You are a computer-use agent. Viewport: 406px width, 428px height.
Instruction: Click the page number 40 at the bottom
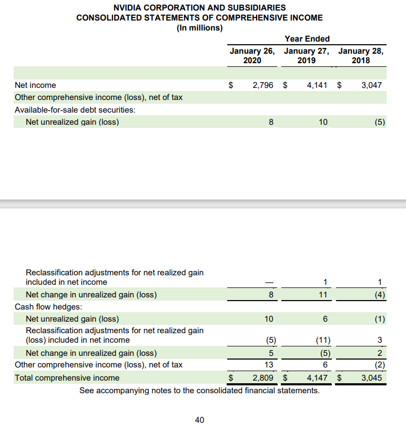(x=200, y=420)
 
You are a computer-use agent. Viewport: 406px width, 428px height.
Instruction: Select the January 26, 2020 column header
(x=253, y=56)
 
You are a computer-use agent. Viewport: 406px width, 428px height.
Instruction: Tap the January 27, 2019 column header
(x=307, y=56)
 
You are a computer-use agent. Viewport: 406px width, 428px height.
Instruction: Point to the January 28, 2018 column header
(x=361, y=56)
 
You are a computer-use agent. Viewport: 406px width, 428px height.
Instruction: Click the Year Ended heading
(x=307, y=38)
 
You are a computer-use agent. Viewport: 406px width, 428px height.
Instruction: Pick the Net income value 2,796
(x=263, y=85)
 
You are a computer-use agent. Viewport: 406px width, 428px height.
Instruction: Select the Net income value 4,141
(x=317, y=85)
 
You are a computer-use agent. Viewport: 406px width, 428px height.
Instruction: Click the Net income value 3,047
(x=371, y=85)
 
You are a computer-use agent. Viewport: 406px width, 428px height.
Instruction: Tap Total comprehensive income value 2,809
(x=263, y=377)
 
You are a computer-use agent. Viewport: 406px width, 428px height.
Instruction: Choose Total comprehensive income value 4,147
(x=317, y=377)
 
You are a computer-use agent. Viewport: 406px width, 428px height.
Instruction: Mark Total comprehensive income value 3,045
(x=371, y=377)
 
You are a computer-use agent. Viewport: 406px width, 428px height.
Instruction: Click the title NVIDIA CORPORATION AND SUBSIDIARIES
(x=200, y=7)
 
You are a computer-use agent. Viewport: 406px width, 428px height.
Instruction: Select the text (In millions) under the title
(x=200, y=28)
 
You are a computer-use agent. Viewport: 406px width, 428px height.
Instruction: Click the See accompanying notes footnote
(x=199, y=390)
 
